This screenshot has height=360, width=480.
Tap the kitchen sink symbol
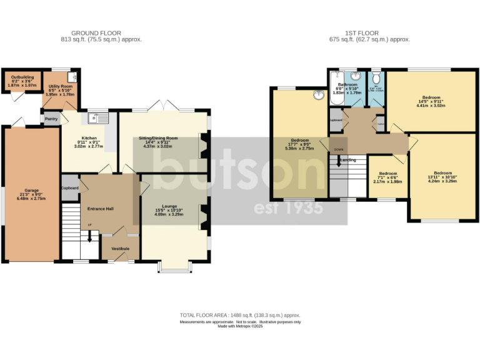(x=98, y=117)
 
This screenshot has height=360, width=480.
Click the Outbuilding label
(x=22, y=77)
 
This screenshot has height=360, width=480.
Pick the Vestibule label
(x=120, y=248)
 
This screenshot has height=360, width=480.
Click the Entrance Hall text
(x=100, y=208)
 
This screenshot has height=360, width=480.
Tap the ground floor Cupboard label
(x=69, y=187)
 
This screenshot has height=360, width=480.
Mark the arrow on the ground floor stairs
(x=89, y=236)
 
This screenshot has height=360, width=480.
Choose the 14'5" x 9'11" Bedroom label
(x=431, y=97)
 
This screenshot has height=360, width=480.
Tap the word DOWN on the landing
(x=338, y=149)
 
